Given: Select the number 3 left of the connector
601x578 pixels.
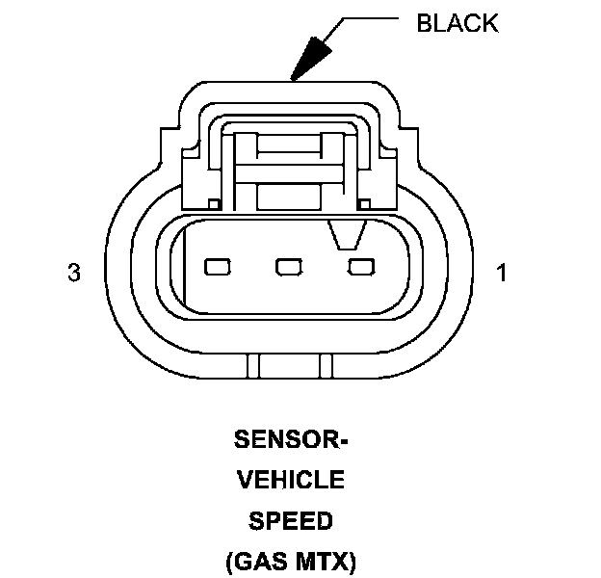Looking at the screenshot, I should pos(73,274).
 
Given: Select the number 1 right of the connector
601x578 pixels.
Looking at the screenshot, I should pos(501,274).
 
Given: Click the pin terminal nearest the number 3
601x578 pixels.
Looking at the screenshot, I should pos(217,266).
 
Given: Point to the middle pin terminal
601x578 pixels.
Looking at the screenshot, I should pos(288,266).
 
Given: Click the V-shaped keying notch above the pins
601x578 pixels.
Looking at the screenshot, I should pos(348,234).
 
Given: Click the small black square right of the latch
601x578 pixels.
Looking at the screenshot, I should pos(364,203).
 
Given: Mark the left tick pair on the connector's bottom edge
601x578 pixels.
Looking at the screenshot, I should pos(254,366).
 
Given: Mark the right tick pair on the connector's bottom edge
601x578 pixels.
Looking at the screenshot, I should pos(326,366).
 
